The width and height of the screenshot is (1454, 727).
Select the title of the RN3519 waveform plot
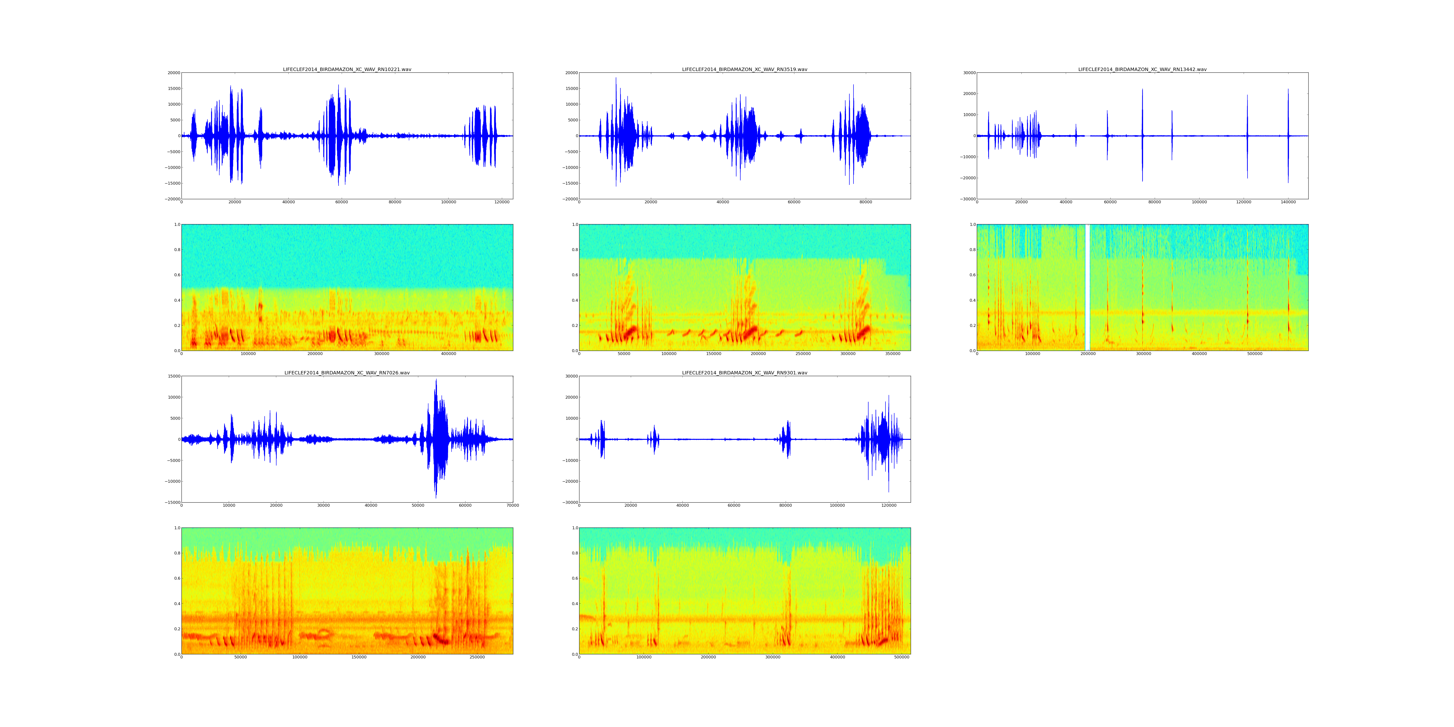coord(744,69)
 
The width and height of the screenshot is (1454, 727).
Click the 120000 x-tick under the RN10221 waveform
coord(502,202)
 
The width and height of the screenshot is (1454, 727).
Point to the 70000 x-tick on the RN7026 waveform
coord(513,505)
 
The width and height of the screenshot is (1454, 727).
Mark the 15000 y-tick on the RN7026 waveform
coord(173,376)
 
